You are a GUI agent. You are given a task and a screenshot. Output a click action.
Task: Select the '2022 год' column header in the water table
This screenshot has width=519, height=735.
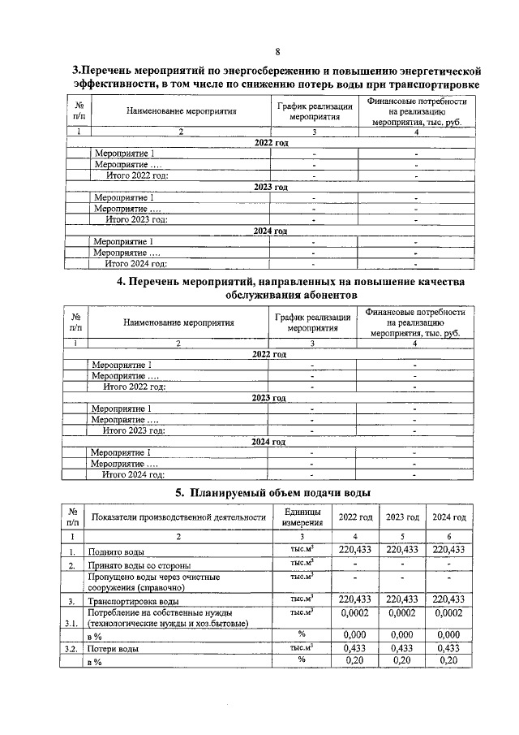[355, 517]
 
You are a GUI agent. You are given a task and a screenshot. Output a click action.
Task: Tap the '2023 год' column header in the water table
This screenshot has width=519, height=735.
[402, 517]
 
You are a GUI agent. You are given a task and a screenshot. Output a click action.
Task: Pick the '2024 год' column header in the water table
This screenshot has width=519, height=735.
[448, 517]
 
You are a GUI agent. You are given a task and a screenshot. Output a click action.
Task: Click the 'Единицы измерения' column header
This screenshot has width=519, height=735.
[302, 517]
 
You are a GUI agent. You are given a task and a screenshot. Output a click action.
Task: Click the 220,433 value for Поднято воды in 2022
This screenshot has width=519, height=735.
[355, 550]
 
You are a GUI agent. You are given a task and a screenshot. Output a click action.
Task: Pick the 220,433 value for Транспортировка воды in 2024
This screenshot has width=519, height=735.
[448, 599]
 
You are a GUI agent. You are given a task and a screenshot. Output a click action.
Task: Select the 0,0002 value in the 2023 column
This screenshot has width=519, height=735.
[402, 614]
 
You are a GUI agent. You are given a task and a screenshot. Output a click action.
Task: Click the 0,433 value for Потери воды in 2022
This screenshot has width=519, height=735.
[355, 649]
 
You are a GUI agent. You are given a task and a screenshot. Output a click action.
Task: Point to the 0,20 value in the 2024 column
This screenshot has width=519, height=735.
[448, 662]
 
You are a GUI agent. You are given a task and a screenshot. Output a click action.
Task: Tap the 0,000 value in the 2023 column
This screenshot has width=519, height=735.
[402, 634]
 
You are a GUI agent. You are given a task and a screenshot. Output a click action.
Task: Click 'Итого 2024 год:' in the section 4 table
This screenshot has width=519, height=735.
[133, 475]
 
